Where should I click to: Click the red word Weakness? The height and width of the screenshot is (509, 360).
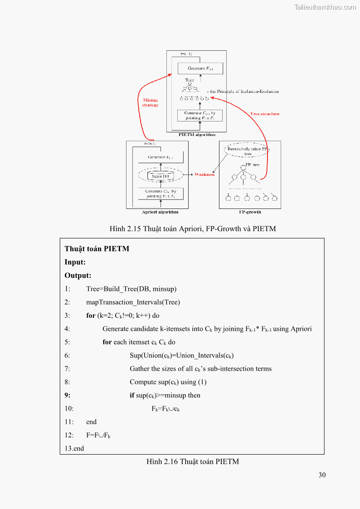204,175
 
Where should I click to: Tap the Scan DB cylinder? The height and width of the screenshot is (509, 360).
157,176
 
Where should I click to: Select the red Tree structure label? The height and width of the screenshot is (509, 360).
265,114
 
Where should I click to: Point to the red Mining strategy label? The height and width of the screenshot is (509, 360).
150,102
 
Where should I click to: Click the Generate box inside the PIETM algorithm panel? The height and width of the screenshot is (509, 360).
200,68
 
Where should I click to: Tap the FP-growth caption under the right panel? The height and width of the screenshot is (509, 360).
250,212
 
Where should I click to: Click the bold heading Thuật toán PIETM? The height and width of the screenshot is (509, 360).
97,249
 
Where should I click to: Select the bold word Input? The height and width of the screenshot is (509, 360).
75,262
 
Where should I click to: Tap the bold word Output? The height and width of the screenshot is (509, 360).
78,275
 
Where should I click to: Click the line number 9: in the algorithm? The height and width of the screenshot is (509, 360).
68,395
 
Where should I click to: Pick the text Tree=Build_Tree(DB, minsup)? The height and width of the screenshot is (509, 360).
131,289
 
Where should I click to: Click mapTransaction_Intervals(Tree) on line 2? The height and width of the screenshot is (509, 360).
133,302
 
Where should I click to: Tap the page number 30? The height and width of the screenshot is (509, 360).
322,475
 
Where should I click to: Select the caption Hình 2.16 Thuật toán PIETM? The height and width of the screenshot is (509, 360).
192,462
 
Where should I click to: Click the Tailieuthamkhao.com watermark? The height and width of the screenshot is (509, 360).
325,7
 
